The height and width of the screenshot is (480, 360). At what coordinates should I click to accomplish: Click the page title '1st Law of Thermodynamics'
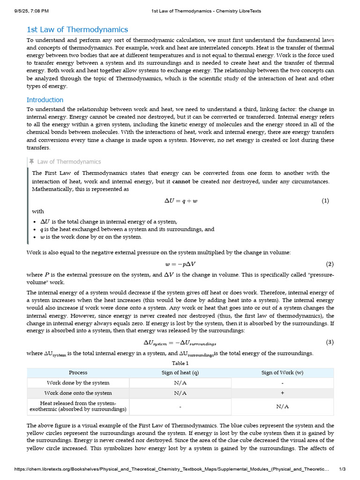tap(77, 30)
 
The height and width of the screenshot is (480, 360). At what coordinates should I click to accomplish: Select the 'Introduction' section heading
tap(45, 100)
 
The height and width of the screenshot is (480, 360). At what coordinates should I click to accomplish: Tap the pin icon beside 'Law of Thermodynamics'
tap(31, 162)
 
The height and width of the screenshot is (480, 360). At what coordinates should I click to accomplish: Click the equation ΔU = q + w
tap(180, 201)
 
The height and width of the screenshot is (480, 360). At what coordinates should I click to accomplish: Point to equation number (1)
tap(325, 201)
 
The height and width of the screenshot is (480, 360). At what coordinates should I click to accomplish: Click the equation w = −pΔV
tap(180, 264)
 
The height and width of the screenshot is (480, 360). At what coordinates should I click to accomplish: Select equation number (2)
tap(330, 264)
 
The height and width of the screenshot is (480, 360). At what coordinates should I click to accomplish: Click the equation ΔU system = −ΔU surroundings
tap(180, 343)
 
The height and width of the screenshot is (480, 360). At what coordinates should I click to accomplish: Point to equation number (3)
tap(330, 342)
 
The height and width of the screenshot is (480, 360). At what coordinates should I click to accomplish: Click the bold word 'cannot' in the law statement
tap(181, 181)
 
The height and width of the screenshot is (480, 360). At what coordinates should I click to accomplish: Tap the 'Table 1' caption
tap(180, 363)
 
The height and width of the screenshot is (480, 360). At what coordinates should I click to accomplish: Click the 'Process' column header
tap(78, 373)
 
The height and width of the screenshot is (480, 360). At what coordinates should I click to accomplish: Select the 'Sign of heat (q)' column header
tap(180, 373)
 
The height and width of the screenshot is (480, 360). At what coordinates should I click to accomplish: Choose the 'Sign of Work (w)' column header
tap(282, 373)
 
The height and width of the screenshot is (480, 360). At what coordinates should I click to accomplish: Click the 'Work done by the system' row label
tap(78, 383)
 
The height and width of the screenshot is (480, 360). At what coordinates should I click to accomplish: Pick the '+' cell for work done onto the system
tap(282, 393)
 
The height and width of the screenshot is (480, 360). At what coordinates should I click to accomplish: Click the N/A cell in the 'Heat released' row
tap(282, 406)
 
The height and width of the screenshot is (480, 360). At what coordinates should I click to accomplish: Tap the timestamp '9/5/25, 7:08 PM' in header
tap(29, 11)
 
